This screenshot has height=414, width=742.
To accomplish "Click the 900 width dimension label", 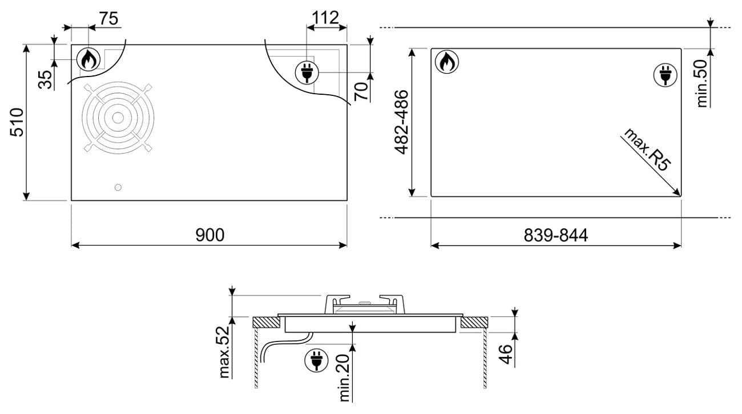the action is [x=209, y=235].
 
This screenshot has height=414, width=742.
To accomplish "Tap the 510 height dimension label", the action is [x=17, y=122].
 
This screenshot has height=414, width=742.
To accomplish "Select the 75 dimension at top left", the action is [x=108, y=18].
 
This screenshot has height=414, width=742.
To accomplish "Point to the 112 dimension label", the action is [x=325, y=17].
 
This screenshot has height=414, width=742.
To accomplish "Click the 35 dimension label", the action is [x=46, y=79].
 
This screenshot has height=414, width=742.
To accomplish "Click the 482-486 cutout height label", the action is [x=401, y=122].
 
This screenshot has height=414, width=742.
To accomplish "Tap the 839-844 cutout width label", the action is [x=555, y=235].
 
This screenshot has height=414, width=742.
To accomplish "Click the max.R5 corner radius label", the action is [x=647, y=150].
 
